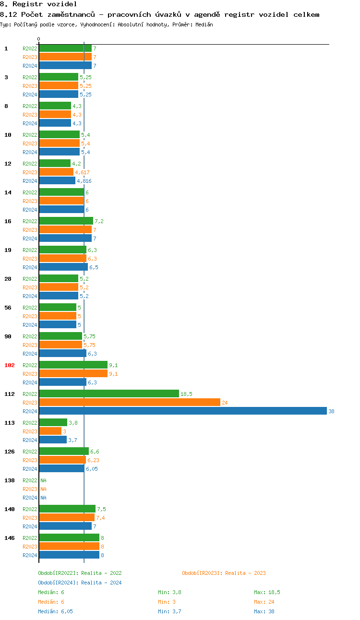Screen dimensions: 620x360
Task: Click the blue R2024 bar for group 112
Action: point(182,411)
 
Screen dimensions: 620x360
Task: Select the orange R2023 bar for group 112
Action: point(130,403)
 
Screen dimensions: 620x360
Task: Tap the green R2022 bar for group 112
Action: point(109,394)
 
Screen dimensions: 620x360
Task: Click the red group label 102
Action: point(10,365)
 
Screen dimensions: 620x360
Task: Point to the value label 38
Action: point(331,411)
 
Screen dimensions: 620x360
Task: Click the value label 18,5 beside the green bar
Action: point(186,394)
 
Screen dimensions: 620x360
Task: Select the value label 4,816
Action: point(84,181)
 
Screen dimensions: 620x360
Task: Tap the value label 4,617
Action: point(82,172)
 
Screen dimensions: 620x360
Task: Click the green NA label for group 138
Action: point(43,480)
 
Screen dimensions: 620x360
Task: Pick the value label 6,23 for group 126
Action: point(93,460)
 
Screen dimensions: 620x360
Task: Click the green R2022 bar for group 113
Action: point(53,423)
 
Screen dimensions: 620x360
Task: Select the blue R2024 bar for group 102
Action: point(62,382)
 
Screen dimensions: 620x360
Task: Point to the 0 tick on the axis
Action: point(39,39)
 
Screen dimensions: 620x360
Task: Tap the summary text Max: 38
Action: point(264,611)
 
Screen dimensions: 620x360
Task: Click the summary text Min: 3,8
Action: point(169,592)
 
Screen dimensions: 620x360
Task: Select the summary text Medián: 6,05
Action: point(55,611)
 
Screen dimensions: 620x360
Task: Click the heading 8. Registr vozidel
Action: point(38,4)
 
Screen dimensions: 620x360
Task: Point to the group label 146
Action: point(10,538)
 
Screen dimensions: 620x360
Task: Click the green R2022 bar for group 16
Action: point(66,221)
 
